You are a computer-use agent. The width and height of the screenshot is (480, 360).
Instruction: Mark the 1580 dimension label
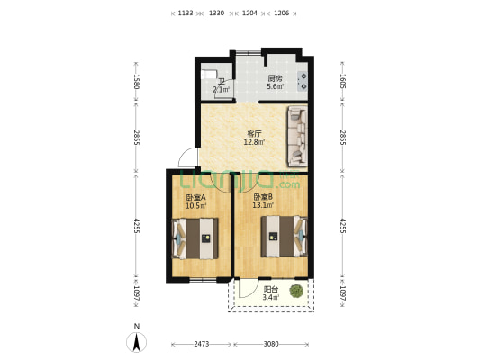point(136,82)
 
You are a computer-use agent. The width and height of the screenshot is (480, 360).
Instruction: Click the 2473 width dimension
point(203,343)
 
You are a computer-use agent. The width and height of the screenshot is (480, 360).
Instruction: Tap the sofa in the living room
point(296,137)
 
